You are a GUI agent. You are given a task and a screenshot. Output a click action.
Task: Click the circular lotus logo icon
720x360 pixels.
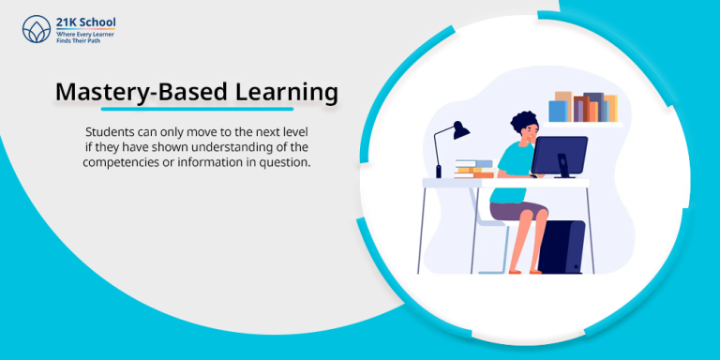(36, 28)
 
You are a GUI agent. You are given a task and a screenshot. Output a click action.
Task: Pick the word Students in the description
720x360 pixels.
(111, 132)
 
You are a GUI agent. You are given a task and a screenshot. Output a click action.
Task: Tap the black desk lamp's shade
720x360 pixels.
(459, 130)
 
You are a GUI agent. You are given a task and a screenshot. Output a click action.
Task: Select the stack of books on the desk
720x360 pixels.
(473, 169)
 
